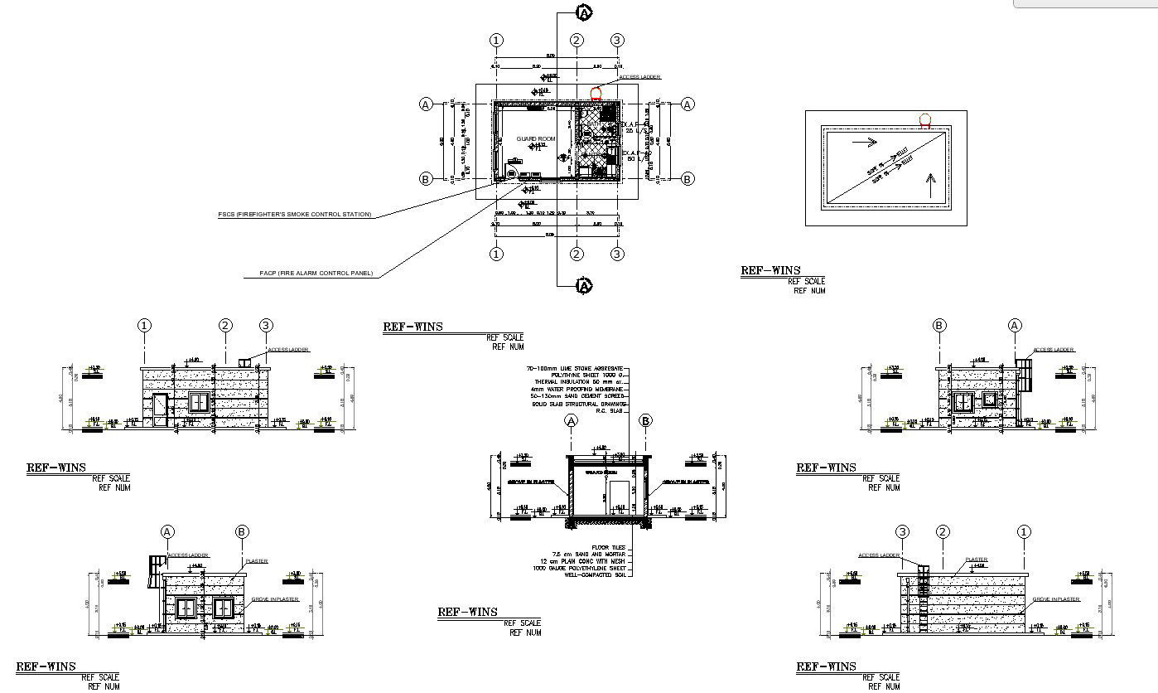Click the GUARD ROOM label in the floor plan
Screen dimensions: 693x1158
(535, 138)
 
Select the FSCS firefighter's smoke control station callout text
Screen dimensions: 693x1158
(294, 215)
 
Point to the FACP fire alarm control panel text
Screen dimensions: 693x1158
(316, 274)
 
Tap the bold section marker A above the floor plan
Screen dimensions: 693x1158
(584, 12)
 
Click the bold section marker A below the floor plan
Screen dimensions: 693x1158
(584, 286)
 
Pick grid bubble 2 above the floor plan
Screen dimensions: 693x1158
(577, 41)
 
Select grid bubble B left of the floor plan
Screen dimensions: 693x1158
(426, 179)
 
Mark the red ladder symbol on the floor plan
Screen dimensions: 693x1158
(595, 94)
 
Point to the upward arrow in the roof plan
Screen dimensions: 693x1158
(931, 180)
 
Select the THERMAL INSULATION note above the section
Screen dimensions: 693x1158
(580, 381)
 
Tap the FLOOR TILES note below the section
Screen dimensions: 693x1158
(610, 548)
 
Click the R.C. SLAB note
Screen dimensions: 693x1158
(614, 410)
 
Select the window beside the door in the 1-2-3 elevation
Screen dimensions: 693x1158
(200, 403)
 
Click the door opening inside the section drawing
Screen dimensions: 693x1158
(619, 497)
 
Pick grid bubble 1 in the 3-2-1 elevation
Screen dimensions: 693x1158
(1024, 532)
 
